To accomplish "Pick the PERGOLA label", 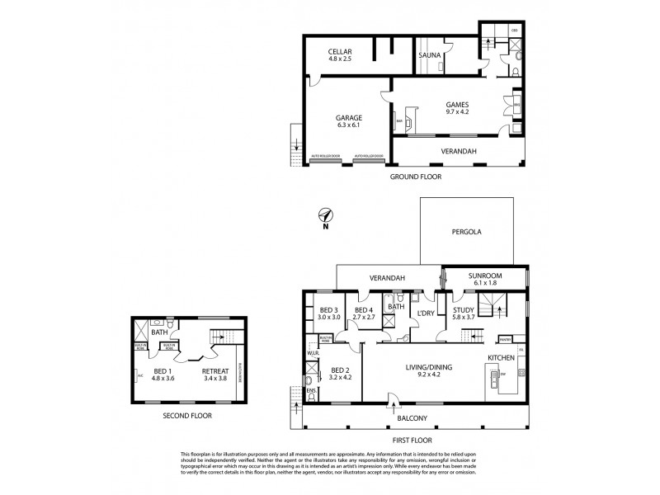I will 466,232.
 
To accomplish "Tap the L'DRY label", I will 426,314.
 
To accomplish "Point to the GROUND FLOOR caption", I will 415,177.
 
